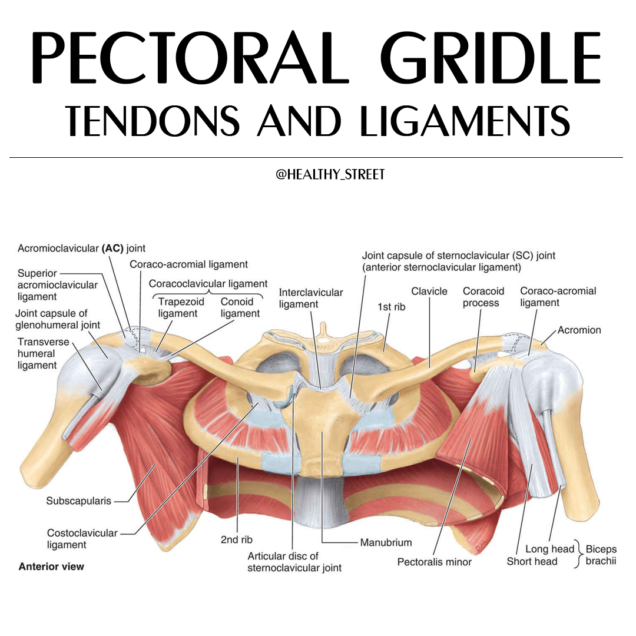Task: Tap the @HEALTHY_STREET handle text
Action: (x=330, y=174)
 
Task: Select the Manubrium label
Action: (x=386, y=542)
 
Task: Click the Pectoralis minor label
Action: (x=435, y=562)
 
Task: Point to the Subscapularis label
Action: (x=78, y=501)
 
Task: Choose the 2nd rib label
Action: (x=237, y=539)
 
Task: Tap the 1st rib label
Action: (x=392, y=307)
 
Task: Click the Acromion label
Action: (x=579, y=330)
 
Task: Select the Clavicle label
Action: (x=429, y=291)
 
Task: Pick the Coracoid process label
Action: (x=483, y=297)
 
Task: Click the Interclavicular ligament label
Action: (x=311, y=298)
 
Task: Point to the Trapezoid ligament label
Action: (x=181, y=307)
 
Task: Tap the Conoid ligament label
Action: (x=240, y=307)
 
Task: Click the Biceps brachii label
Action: (x=601, y=555)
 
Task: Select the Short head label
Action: (x=532, y=561)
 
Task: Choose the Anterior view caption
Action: (x=51, y=567)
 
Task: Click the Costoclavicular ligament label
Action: (x=82, y=539)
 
